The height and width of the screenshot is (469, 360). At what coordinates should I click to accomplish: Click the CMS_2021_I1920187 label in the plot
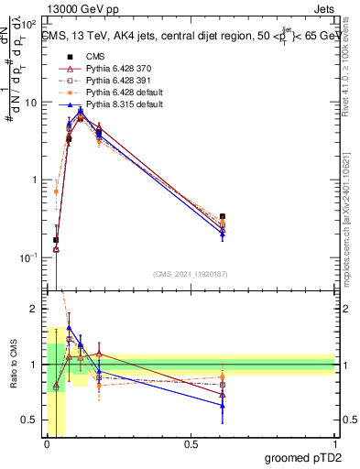[190, 273]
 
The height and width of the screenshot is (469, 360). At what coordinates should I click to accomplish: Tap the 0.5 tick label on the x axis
[191, 444]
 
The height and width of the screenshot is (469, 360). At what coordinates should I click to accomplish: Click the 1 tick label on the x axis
[334, 444]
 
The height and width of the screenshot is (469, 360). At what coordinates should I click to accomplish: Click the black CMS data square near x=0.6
[223, 217]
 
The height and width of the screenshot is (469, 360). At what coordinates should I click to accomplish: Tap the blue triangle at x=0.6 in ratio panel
[223, 405]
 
